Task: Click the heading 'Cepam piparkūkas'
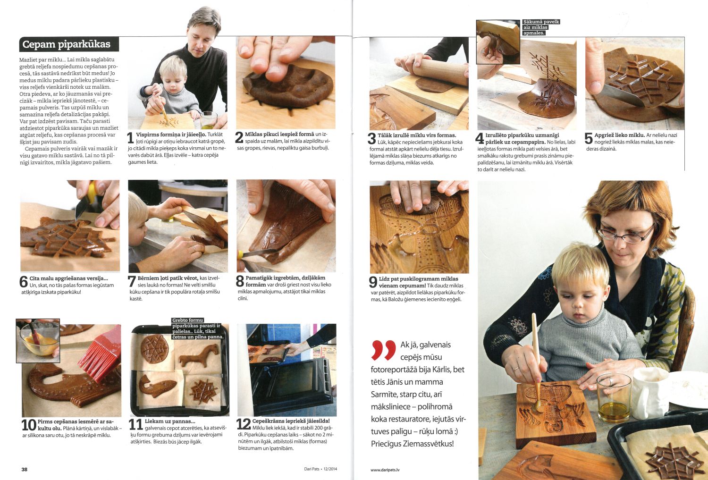pyautogui.click(x=67, y=44)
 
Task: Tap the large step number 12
pyautogui.click(x=244, y=424)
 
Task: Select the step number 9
pyautogui.click(x=373, y=282)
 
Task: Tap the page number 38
pyautogui.click(x=25, y=469)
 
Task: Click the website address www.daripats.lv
pyautogui.click(x=385, y=470)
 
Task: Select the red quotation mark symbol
pyautogui.click(x=384, y=350)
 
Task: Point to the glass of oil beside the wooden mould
pyautogui.click(x=614, y=398)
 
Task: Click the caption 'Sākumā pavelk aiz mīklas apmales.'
pyautogui.click(x=541, y=27)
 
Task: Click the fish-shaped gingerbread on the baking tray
pyautogui.click(x=157, y=385)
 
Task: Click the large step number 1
pyautogui.click(x=131, y=138)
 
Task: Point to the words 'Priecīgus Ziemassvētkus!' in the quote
pyautogui.click(x=413, y=444)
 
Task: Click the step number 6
pyautogui.click(x=24, y=282)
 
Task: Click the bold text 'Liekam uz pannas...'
pyautogui.click(x=170, y=421)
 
